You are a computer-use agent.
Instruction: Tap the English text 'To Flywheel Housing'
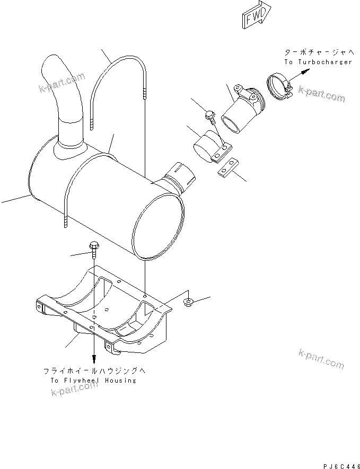click(x=93, y=380)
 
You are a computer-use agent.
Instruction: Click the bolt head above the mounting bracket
click(x=94, y=247)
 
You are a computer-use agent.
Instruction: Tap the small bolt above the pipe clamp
click(x=209, y=115)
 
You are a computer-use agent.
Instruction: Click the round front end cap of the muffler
click(x=159, y=223)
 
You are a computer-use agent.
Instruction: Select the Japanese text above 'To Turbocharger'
click(x=318, y=52)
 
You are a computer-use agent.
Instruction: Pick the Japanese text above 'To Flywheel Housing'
click(x=93, y=371)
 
